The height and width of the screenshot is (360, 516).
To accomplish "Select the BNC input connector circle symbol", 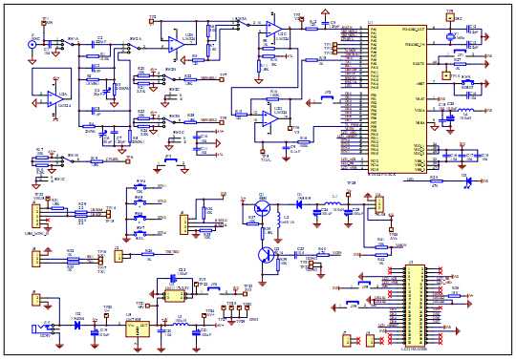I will [x=32, y=44].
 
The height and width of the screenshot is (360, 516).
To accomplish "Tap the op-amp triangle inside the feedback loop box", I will [x=55, y=99].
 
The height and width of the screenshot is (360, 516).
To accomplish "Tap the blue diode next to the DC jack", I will [x=77, y=324].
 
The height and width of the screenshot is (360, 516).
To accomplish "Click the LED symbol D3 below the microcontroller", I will [x=466, y=178].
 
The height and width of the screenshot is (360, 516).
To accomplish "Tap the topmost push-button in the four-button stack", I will [x=140, y=187].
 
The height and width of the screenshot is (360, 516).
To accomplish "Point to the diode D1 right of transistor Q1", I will [x=299, y=203].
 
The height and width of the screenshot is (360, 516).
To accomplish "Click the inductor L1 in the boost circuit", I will [x=333, y=204].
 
